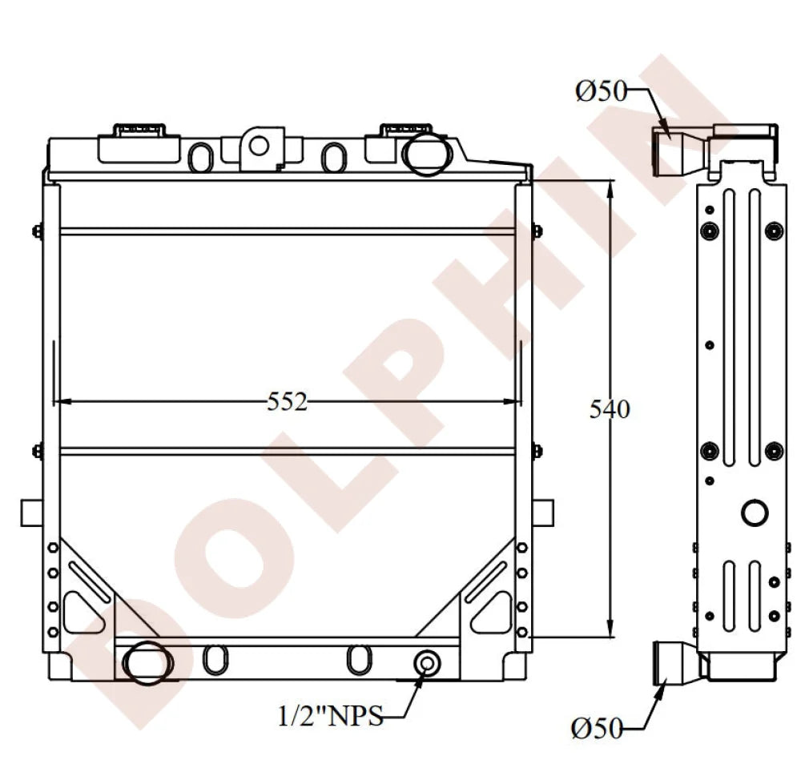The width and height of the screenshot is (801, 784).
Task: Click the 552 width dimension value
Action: pos(287,402)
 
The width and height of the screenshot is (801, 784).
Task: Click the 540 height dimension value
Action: pos(610,409)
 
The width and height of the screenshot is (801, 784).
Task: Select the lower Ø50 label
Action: pos(598,728)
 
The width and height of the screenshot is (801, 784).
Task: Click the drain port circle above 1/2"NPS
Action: pos(427,663)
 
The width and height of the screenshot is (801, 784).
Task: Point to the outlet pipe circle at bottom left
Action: pos(147,662)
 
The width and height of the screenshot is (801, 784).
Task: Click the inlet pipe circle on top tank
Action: pos(425,151)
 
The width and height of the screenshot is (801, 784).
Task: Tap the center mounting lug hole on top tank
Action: pos(258,145)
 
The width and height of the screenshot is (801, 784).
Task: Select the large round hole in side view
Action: pos(755,512)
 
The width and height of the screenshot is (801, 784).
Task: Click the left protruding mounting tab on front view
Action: pos(30,512)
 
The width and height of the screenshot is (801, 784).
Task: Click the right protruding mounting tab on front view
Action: pos(542,512)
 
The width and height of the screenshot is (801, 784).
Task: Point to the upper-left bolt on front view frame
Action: pos(37,232)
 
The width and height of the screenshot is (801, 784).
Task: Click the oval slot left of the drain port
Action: pos(357,659)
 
